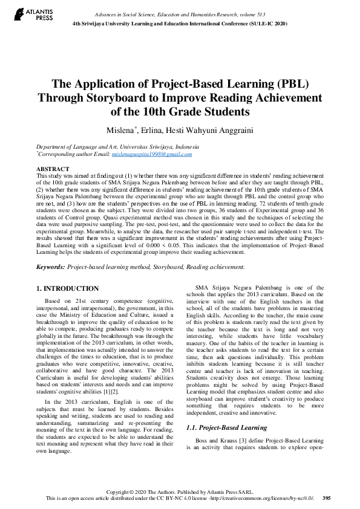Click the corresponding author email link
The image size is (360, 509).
(x=152, y=154)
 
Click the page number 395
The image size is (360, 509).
(x=327, y=498)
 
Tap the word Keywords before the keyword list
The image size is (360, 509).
(x=51, y=267)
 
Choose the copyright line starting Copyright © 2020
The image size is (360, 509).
(x=180, y=491)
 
